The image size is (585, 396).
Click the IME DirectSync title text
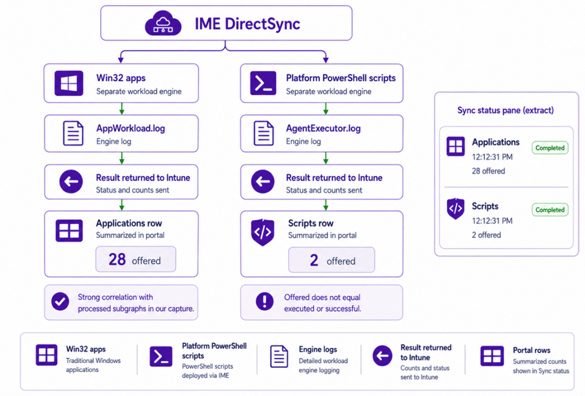tap(247, 24)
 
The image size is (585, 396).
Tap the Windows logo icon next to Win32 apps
tap(69, 83)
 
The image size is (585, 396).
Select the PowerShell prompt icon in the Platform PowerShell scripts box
tap(263, 83)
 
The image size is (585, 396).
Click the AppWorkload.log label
tap(131, 128)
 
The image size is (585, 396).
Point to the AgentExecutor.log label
tap(323, 128)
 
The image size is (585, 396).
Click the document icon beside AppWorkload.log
tap(73, 133)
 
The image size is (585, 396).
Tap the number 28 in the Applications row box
tap(117, 259)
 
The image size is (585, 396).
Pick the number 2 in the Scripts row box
tap(314, 260)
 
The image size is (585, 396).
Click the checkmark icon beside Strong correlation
tap(60, 301)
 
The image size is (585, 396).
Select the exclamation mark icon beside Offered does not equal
tap(265, 301)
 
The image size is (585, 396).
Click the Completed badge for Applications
tap(550, 148)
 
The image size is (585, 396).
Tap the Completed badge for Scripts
tap(550, 210)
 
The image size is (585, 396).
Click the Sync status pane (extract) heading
tap(506, 110)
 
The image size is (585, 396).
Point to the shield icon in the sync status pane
tap(455, 209)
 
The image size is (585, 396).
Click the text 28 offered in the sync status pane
tap(488, 171)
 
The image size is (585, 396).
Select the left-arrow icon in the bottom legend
tap(382, 355)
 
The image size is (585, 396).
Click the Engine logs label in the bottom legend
tap(318, 349)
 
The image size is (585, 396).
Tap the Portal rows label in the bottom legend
tap(532, 350)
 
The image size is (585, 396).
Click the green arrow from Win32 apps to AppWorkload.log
tap(122, 108)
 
